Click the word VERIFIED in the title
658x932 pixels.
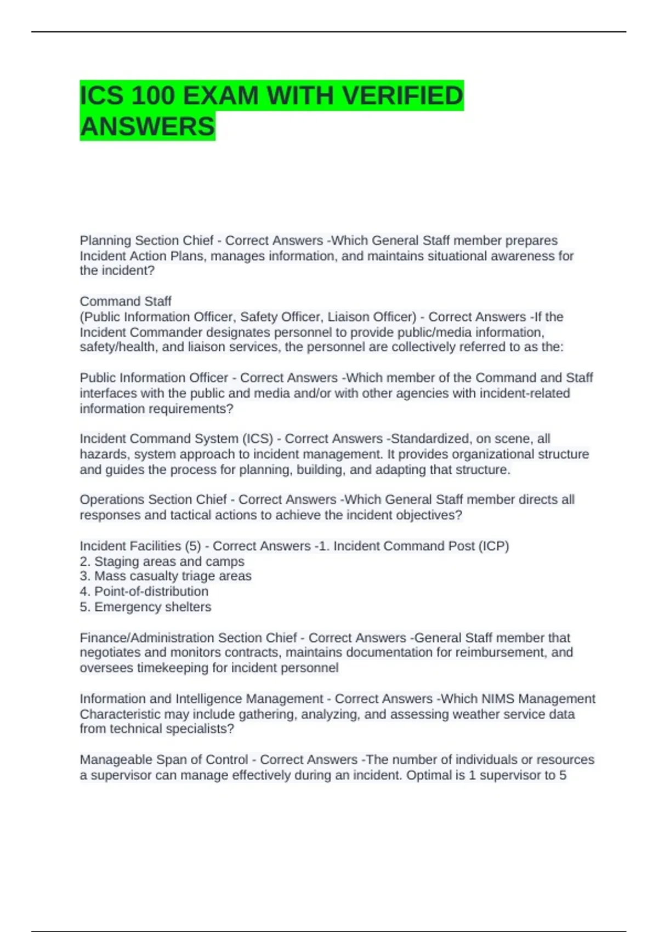(402, 96)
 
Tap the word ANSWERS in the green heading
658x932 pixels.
(148, 127)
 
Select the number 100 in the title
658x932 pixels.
(152, 96)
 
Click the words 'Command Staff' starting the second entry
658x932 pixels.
(126, 302)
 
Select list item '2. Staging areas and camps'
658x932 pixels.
(162, 561)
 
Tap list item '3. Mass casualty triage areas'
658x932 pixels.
(166, 576)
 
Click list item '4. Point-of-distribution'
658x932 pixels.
(144, 592)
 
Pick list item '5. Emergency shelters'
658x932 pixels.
(145, 607)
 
